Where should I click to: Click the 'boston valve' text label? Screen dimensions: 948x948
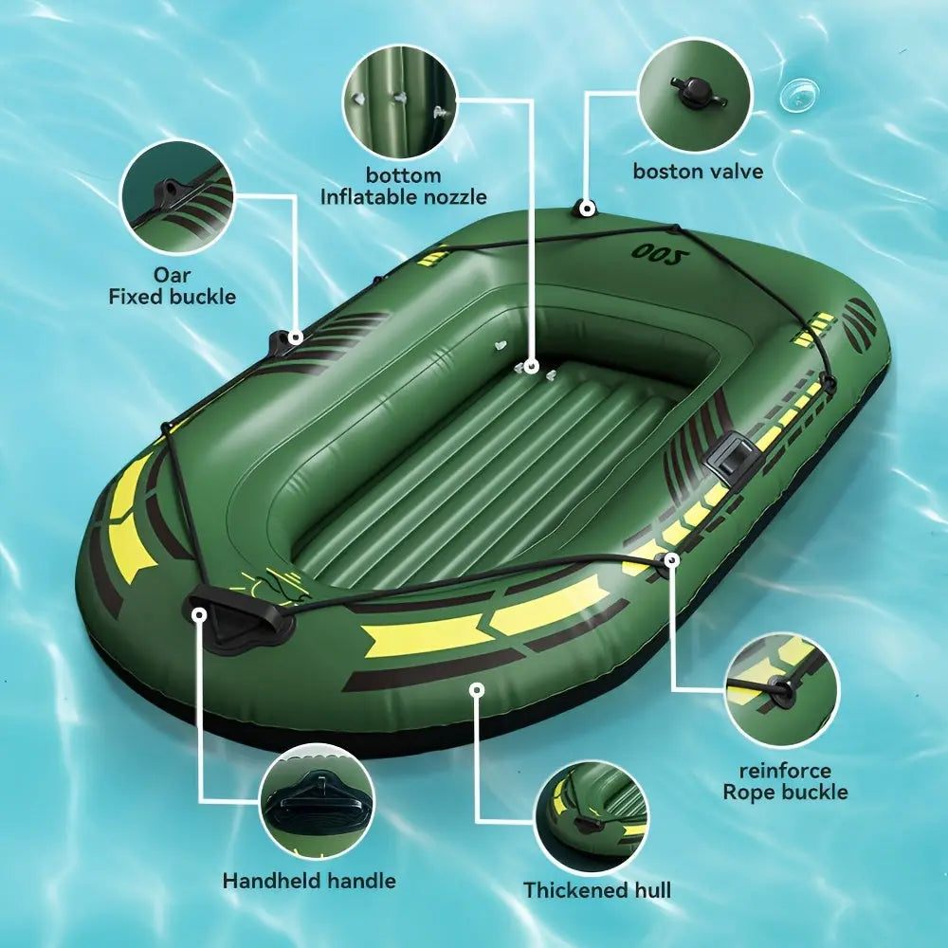pos(698,171)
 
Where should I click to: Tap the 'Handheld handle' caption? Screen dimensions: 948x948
pos(309,881)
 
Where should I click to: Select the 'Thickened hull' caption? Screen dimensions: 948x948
pos(596,890)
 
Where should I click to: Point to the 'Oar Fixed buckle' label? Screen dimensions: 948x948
pos(173,285)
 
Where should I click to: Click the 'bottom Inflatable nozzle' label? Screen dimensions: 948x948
pos(403,186)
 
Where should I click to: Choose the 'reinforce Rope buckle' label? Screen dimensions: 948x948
pos(785,781)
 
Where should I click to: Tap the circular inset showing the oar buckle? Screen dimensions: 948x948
pos(177,197)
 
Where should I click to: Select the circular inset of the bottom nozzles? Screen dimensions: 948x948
pos(400,101)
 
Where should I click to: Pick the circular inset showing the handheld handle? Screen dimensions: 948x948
pos(317,801)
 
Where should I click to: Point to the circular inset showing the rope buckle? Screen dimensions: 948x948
pos(782,690)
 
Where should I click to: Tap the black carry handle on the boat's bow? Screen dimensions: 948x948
pos(241,618)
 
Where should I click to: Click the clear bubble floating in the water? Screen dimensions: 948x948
pos(799,96)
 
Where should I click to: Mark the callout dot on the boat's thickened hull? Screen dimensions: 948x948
pos(478,689)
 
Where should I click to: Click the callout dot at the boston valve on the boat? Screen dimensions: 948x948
pos(587,210)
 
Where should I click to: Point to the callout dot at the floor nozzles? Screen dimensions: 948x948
pos(532,366)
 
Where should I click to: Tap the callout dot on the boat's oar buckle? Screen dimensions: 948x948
pos(295,337)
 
